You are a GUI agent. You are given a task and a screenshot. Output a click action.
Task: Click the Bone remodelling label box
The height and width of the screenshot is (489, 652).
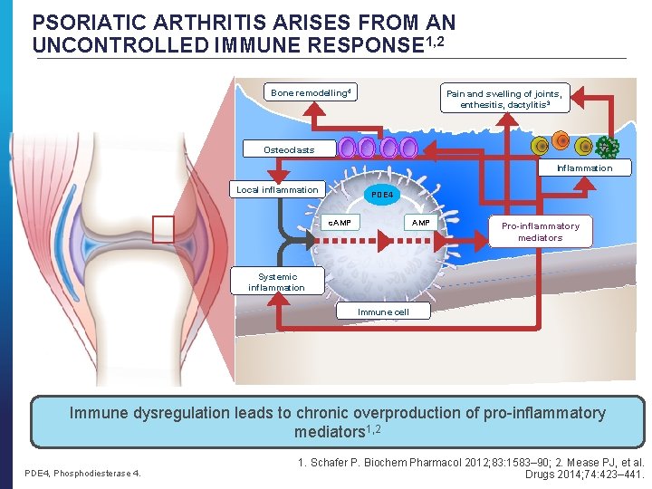pyautogui.click(x=311, y=92)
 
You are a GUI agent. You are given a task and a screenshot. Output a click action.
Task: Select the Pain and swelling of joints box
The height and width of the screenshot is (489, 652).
pyautogui.click(x=503, y=99)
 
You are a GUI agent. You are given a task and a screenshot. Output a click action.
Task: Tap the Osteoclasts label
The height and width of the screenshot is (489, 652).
pyautogui.click(x=289, y=149)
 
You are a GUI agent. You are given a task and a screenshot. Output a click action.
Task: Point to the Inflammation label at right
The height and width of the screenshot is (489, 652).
pyautogui.click(x=584, y=168)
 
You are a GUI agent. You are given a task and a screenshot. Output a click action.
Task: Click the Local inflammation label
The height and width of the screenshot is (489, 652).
pyautogui.click(x=277, y=190)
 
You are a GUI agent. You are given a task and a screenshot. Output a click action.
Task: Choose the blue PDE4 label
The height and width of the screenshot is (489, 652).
pyautogui.click(x=382, y=194)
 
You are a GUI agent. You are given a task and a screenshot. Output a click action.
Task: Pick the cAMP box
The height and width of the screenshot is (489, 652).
pyautogui.click(x=340, y=223)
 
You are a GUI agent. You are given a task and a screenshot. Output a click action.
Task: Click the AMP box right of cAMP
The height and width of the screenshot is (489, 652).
pyautogui.click(x=421, y=223)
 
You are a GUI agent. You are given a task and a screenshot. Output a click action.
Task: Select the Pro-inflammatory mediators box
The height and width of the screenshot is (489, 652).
pyautogui.click(x=540, y=231)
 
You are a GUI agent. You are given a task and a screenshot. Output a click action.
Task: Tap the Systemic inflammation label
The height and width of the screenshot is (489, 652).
pyautogui.click(x=276, y=283)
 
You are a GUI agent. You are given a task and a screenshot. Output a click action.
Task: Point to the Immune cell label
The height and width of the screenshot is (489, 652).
pyautogui.click(x=382, y=312)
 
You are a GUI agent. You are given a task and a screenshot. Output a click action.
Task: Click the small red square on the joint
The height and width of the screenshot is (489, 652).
pyautogui.click(x=163, y=230)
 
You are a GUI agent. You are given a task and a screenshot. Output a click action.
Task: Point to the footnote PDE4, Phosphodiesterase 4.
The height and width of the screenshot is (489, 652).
pyautogui.click(x=81, y=473)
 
